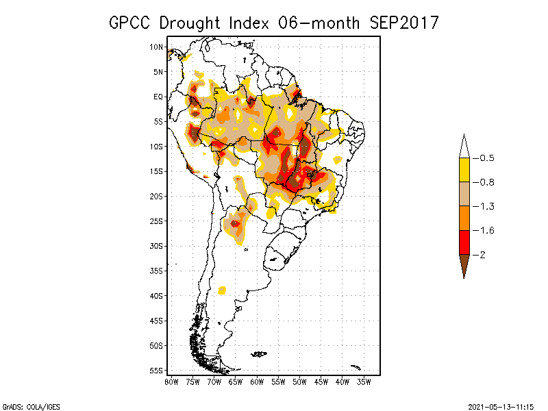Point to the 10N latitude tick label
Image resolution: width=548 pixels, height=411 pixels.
(x=157, y=47)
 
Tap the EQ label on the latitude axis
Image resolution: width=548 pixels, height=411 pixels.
(x=158, y=97)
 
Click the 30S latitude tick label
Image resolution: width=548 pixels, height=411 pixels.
(x=157, y=246)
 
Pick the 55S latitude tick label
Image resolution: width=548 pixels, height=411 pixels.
(x=157, y=370)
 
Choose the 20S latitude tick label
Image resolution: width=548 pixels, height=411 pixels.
(x=157, y=196)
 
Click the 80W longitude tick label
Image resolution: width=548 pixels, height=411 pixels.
(x=171, y=382)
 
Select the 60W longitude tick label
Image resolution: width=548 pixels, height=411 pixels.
(x=257, y=382)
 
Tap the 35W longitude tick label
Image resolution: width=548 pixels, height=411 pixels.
(x=364, y=382)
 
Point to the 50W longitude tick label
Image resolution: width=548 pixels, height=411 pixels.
(x=299, y=382)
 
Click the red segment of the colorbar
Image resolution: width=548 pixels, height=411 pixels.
(x=464, y=242)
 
